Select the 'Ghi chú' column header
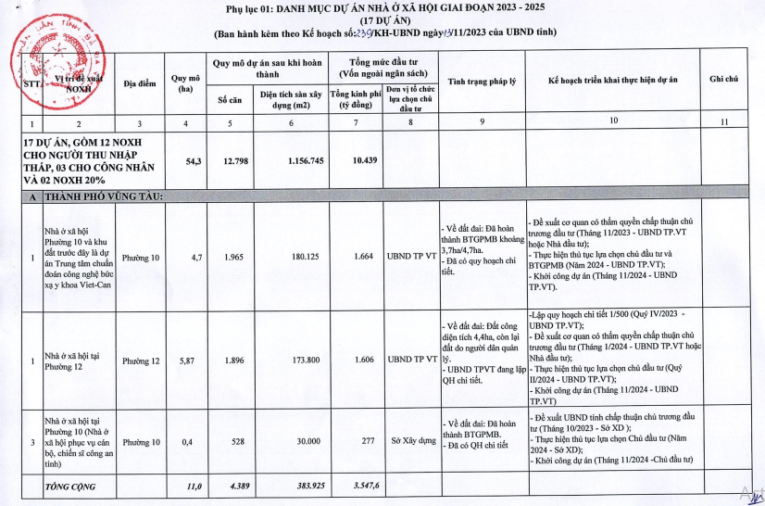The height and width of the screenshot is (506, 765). tap(723, 80)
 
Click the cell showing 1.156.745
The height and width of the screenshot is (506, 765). tap(289, 160)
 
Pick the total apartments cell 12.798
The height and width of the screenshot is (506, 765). tap(234, 160)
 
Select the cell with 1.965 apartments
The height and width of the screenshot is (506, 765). tap(234, 257)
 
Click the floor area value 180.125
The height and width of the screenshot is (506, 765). tap(289, 257)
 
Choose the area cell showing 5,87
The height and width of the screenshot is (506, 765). tap(188, 358)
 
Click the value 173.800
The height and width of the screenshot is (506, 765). tap(289, 358)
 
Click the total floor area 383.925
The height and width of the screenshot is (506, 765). tap(289, 486)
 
